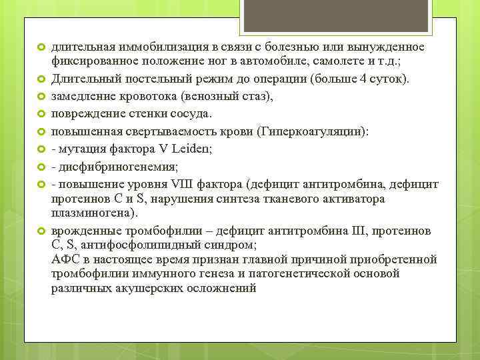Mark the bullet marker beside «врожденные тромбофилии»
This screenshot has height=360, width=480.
pyautogui.click(x=39, y=231)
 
